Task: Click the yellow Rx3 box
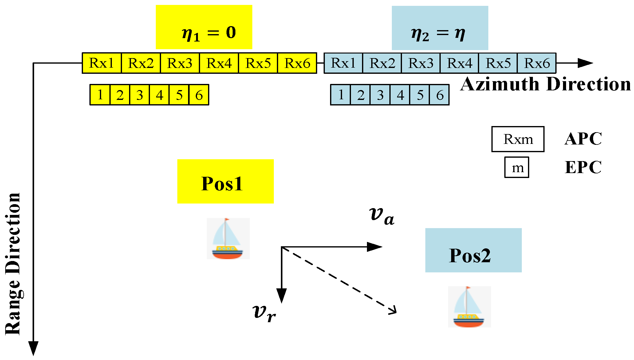pos(180,63)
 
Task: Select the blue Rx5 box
pos(498,63)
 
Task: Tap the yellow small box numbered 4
pos(159,95)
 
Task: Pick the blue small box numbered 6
pos(439,95)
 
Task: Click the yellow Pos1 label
pos(225,181)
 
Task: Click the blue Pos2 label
pos(473,250)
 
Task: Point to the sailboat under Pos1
pos(228,239)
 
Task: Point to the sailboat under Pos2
pos(469,307)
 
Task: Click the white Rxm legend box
pos(518,139)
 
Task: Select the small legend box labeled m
pos(517,168)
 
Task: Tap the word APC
pos(583,139)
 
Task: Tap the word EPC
pos(583,168)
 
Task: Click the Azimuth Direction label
pos(545,84)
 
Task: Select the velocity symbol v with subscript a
pos(381,215)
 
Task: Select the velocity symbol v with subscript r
pos(264,313)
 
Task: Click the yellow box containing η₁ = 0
pos(204,27)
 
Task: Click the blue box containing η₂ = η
pos(440,28)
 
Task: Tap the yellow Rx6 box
pos(297,63)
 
